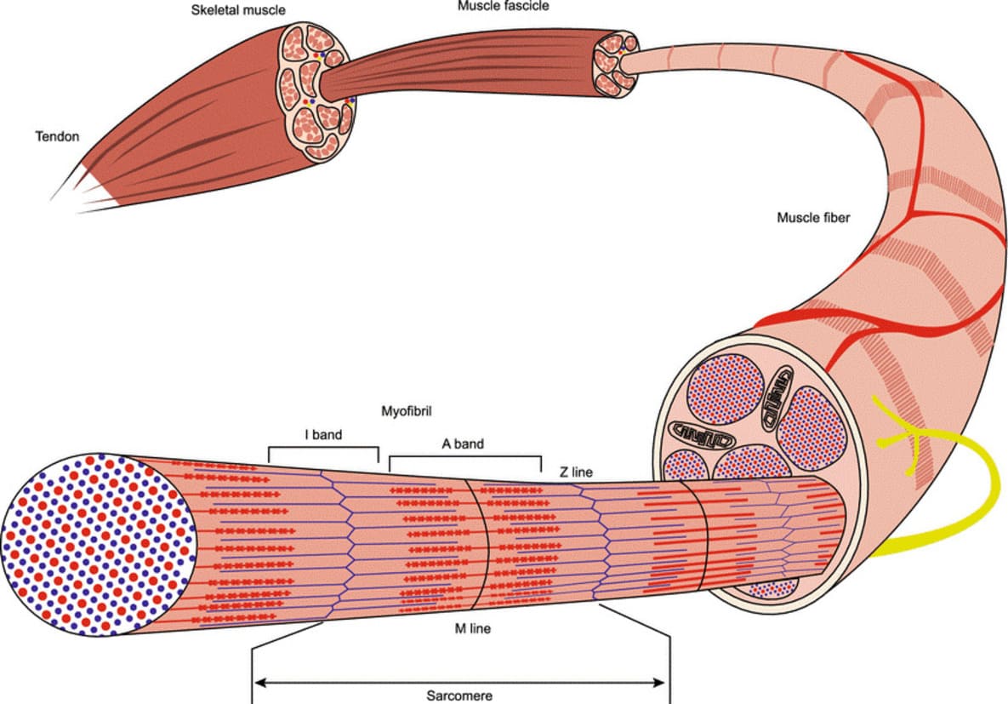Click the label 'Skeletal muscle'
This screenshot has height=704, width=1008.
237,10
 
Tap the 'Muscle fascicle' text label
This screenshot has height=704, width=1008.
503,6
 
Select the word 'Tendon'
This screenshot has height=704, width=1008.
56,136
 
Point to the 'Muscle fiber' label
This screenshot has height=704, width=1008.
813,217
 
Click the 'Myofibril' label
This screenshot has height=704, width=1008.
407,411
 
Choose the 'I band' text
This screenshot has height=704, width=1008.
323,434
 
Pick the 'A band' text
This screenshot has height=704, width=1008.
463,444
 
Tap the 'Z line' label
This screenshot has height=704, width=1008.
576,471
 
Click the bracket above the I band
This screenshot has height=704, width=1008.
323,448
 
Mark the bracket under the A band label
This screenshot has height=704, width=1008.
465,458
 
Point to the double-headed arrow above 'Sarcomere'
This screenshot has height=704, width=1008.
459,681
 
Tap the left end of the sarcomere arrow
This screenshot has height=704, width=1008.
259,681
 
